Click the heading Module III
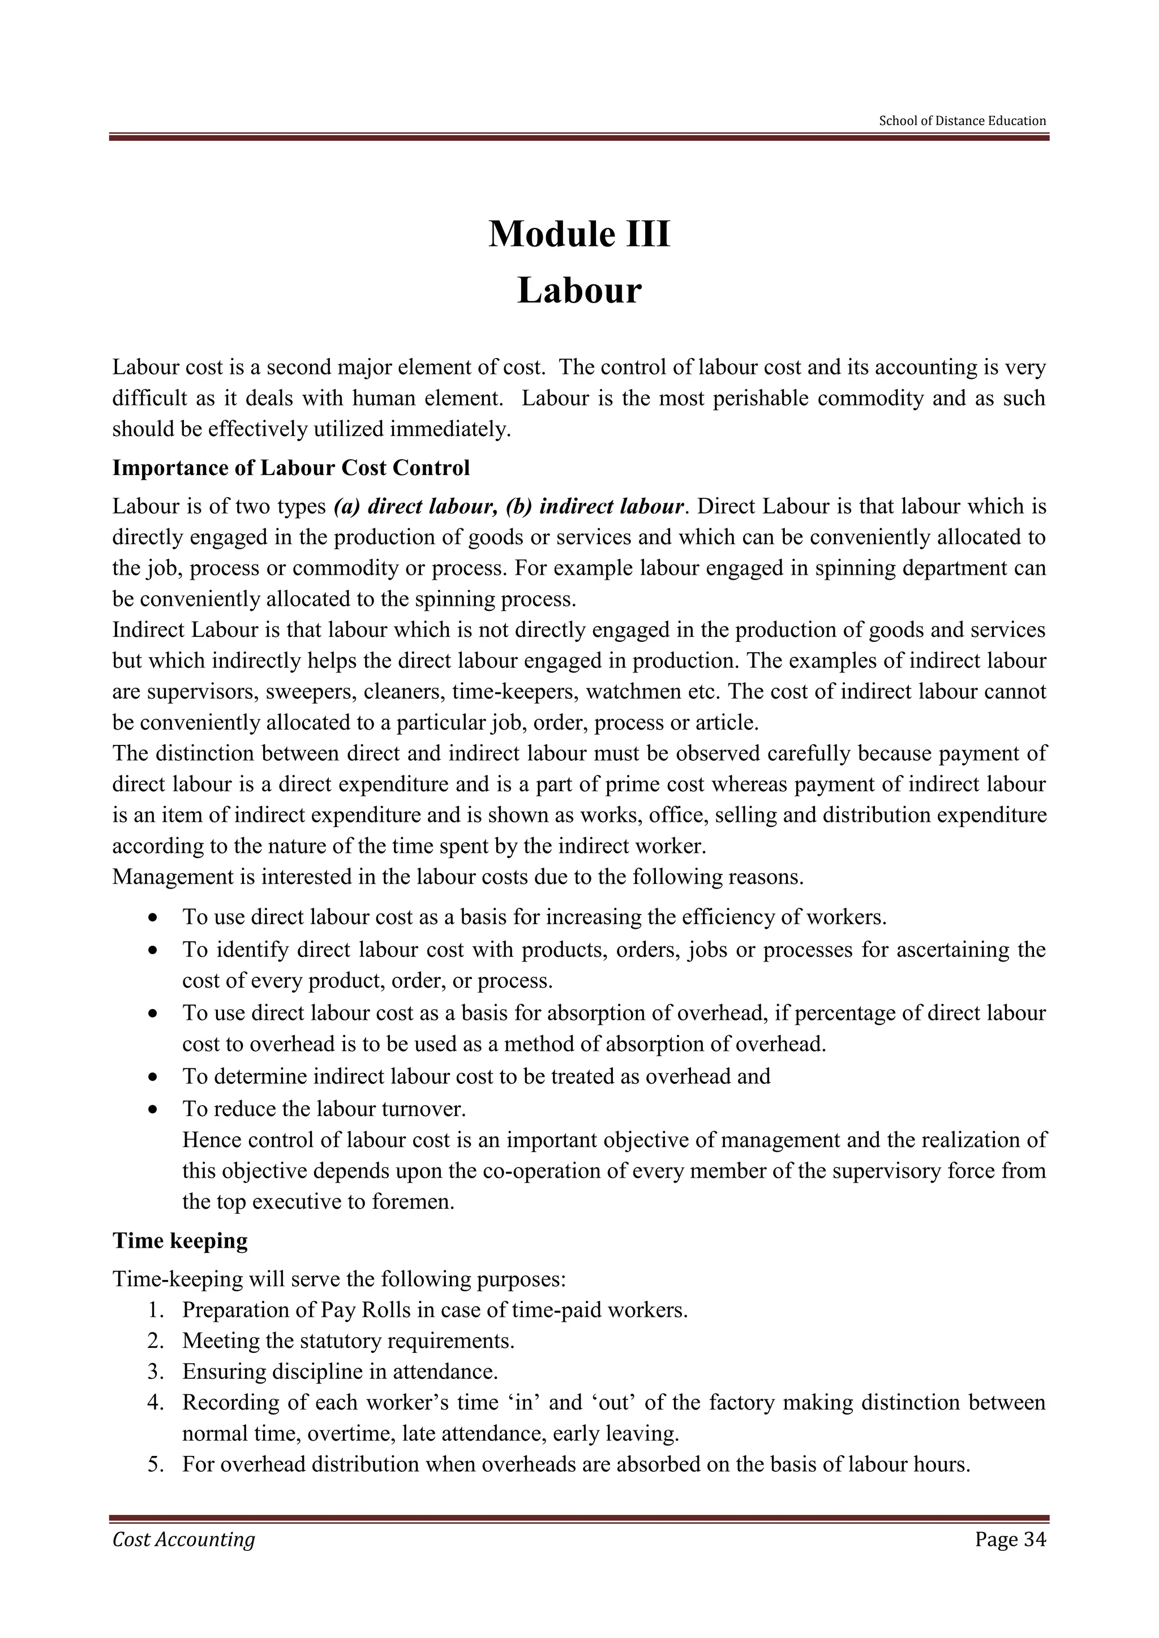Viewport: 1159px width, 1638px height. pyautogui.click(x=579, y=234)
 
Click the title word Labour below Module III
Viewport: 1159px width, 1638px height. pyautogui.click(x=579, y=291)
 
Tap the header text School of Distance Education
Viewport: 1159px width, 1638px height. pyautogui.click(x=962, y=120)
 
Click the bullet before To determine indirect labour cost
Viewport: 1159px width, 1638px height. pyautogui.click(x=152, y=1076)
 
